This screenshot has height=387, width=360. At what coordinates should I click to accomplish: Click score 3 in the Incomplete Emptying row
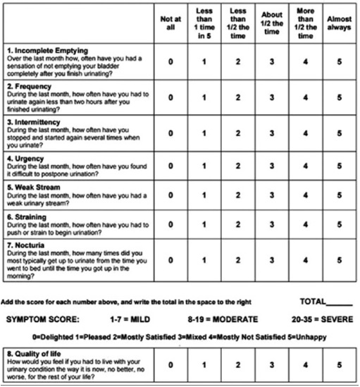tap(271, 61)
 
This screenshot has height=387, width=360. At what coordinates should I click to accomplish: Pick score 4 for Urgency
tap(305, 166)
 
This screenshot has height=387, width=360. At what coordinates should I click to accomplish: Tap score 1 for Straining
tap(204, 225)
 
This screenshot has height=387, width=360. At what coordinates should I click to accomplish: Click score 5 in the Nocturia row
tap(339, 259)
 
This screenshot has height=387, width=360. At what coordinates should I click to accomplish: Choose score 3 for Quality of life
tap(271, 365)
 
